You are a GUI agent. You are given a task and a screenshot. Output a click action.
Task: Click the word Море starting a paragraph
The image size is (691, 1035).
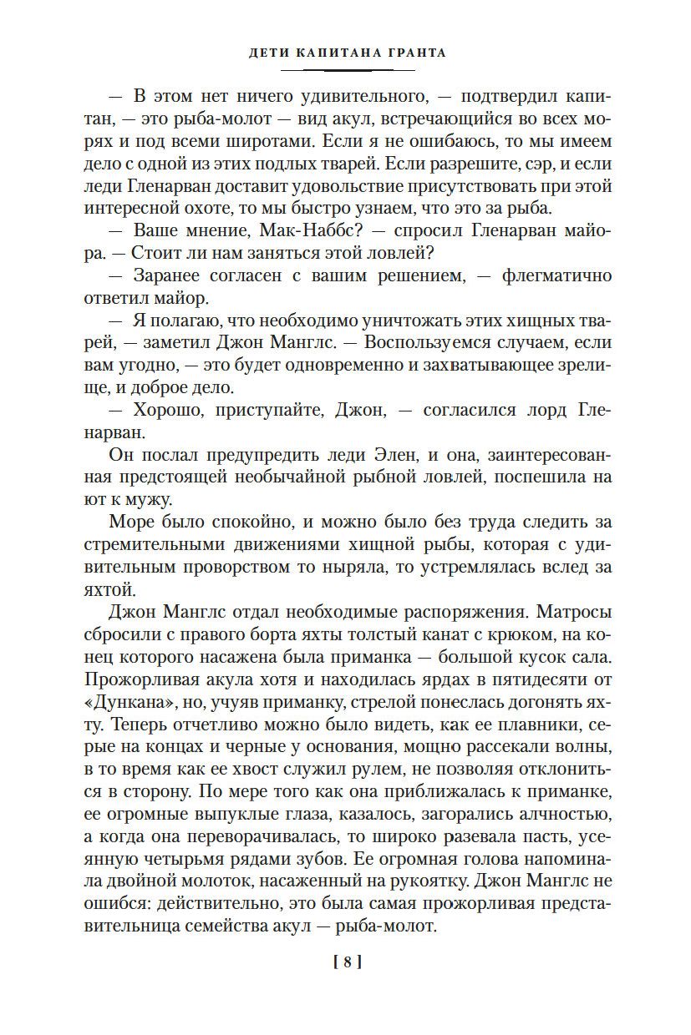(135, 523)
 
